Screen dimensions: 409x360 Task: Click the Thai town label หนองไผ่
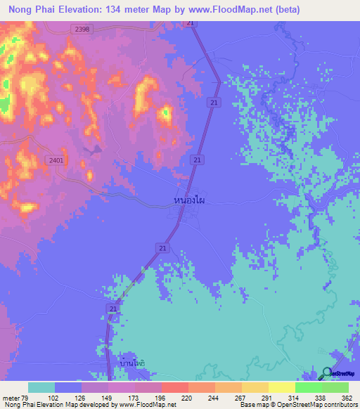coord(190,200)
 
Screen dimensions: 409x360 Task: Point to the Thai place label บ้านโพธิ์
coord(131,363)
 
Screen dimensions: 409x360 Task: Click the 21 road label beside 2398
coord(191,23)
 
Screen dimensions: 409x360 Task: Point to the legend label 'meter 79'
coord(20,398)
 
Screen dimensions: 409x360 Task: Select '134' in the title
coord(124,9)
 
